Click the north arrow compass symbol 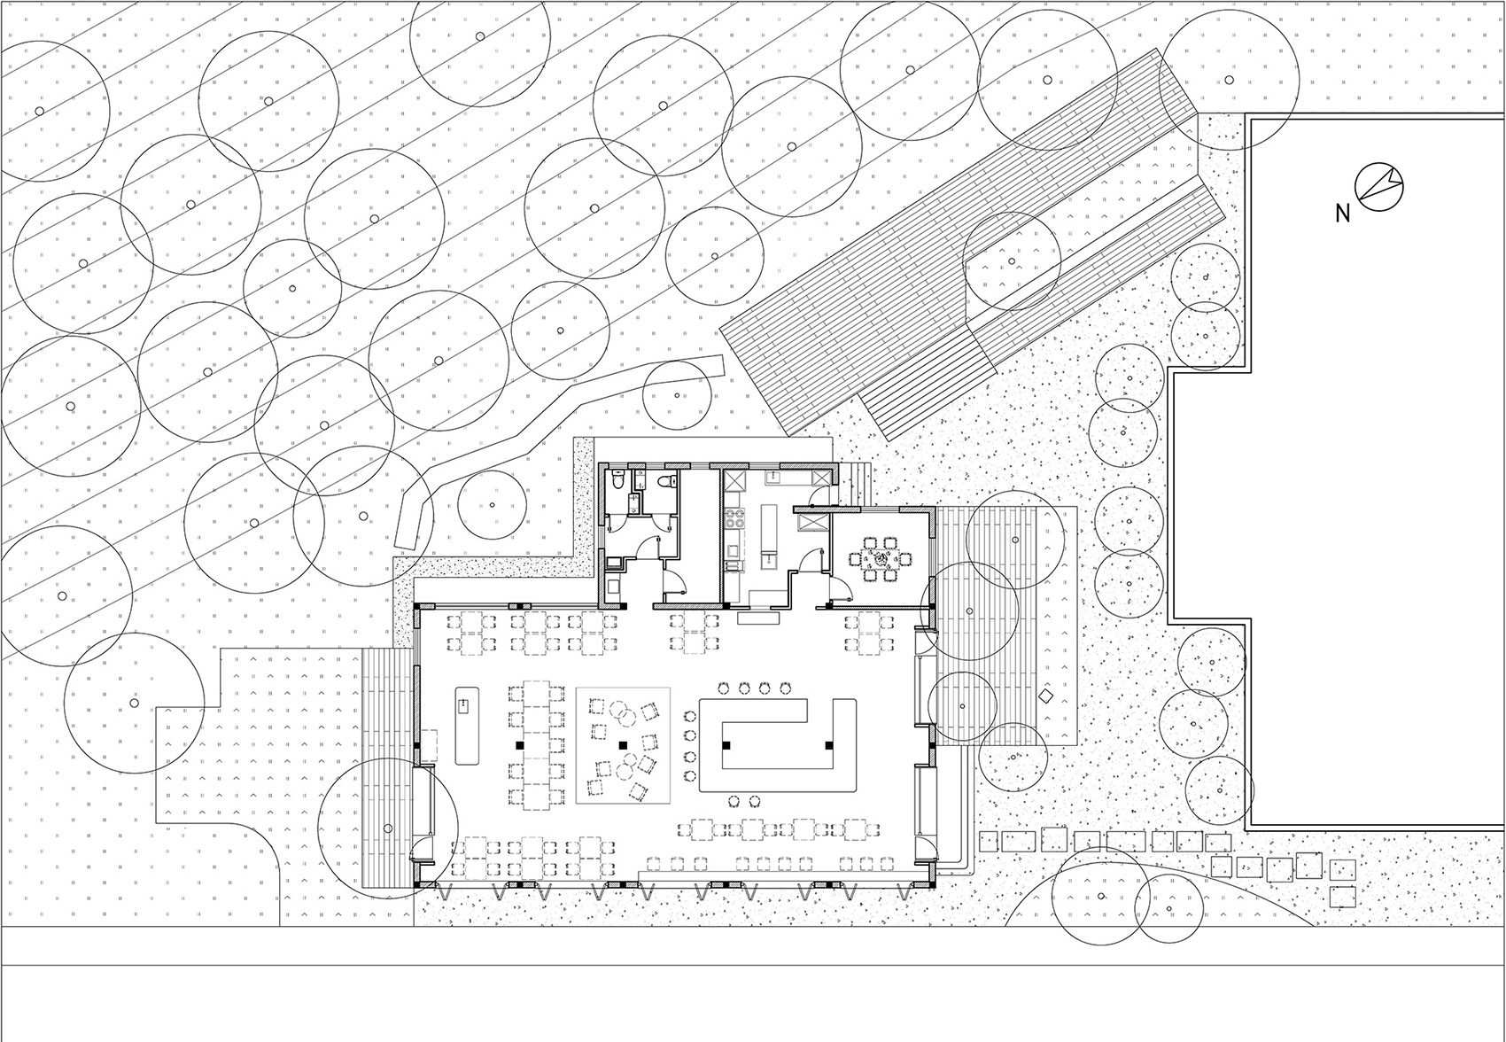[1379, 188]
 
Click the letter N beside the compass [1342, 214]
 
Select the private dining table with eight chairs [881, 559]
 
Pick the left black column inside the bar [726, 745]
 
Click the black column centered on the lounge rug [623, 745]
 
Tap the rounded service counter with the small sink [465, 725]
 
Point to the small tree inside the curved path [492, 505]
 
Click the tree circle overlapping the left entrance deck [387, 828]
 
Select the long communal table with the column [536, 745]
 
